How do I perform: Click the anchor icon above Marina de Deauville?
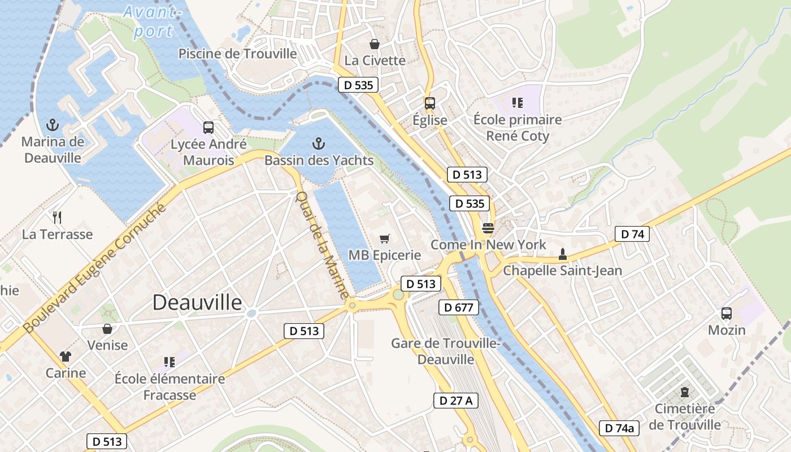point(53,124)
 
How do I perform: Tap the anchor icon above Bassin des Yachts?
point(319,144)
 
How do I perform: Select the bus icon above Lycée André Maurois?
point(208,128)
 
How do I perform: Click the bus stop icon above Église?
point(430,103)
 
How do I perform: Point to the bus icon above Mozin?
point(727,313)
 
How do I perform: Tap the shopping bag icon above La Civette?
point(374,44)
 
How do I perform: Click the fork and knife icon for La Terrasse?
point(57,217)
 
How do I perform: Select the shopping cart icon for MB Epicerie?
point(385,238)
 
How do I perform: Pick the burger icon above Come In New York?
point(488,228)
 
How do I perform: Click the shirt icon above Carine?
point(66,356)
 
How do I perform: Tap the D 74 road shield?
point(632,234)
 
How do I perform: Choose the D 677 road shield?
point(459,307)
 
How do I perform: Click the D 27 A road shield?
point(456,401)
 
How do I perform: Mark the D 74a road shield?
point(619,428)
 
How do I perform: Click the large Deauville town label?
point(197,303)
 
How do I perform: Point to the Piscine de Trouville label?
point(237,54)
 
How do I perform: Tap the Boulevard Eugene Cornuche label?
point(95,268)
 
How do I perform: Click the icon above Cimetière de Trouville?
point(685,392)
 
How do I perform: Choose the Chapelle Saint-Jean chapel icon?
point(562,254)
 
